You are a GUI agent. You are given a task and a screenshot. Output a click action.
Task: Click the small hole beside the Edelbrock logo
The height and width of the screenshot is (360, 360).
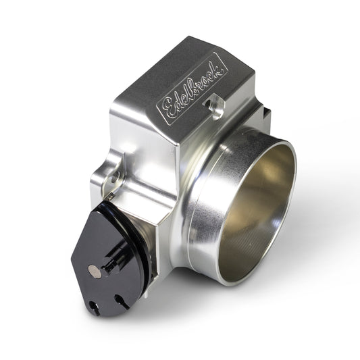[217, 105]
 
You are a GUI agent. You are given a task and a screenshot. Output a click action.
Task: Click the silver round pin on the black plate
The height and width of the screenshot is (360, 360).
[93, 270]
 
